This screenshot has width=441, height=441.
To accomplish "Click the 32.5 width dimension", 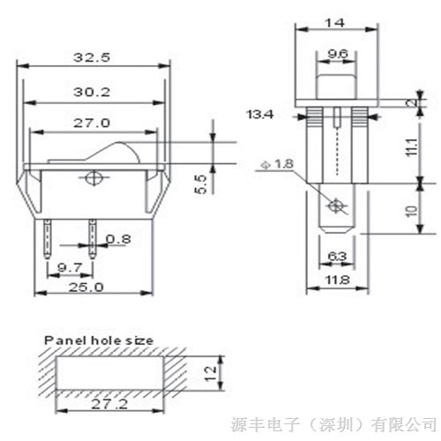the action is (92, 57).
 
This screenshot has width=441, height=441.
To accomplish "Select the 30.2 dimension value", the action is (92, 93).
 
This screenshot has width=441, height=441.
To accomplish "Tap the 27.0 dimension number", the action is (92, 123).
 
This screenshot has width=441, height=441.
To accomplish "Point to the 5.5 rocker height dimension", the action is (201, 184).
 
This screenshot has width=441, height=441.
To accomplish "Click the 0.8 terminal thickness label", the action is (118, 239).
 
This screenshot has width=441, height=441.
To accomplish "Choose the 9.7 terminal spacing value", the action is (70, 267).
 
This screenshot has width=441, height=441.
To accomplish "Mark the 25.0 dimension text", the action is (86, 288).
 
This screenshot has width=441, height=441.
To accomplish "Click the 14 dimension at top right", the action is (335, 23).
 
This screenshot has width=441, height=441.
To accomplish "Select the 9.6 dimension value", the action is (338, 54).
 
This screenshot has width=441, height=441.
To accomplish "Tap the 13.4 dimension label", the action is (260, 115).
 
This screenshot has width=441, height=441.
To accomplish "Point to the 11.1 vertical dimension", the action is (412, 146).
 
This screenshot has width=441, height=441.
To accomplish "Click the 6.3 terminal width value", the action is (337, 257).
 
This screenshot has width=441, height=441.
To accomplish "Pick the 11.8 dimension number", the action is (337, 280).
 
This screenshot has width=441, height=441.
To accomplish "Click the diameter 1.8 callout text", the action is (278, 164).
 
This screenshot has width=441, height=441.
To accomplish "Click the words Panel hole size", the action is (99, 340).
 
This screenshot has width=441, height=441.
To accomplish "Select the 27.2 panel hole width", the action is (109, 404).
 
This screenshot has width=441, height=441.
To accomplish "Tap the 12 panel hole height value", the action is (211, 374).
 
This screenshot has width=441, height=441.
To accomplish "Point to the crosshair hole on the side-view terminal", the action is (335, 206).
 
